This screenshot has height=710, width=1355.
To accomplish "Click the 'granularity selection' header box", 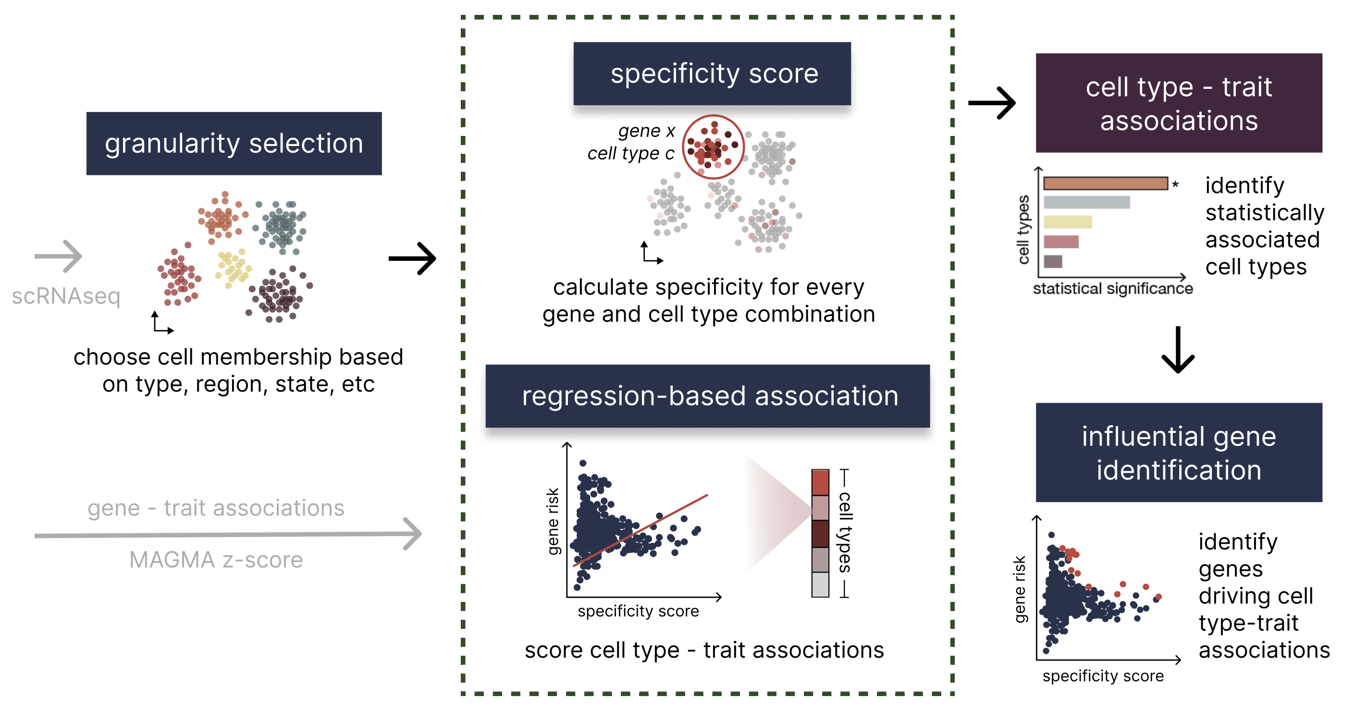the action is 234,143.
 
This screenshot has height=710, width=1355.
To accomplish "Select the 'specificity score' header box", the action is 712,73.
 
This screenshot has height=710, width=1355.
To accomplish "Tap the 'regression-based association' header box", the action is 707,395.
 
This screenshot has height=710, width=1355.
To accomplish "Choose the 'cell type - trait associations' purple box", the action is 1179,103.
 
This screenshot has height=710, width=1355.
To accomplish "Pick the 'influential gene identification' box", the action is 1179,453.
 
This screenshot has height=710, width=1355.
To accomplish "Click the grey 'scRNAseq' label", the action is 66,296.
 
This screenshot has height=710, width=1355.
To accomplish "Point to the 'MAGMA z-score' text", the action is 216,560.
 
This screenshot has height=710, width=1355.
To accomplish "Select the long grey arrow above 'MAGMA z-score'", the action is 228,534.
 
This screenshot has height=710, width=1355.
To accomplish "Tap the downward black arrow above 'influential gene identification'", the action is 1178,350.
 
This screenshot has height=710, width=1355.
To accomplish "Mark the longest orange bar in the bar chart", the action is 1106,183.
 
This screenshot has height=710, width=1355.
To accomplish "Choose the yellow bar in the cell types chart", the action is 1068,222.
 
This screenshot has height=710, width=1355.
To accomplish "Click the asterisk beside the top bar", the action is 1176,184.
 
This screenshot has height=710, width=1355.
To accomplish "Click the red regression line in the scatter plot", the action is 641,530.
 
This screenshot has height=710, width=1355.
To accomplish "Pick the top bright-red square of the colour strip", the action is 820,482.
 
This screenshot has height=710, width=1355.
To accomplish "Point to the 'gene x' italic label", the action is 646,131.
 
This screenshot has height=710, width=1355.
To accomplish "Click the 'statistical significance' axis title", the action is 1112,289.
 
